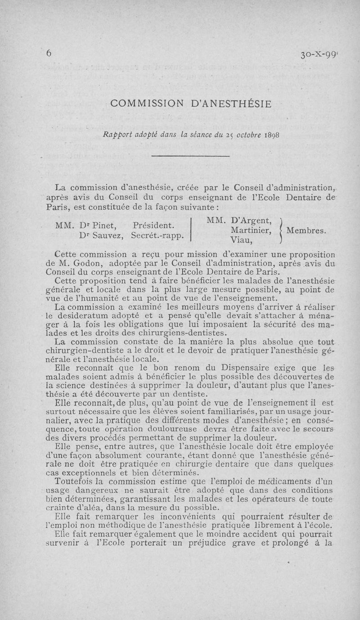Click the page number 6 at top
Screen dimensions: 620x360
48,53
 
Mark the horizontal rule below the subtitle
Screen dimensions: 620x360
191,156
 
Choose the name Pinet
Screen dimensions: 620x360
105,225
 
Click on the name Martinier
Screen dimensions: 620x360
250,230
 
